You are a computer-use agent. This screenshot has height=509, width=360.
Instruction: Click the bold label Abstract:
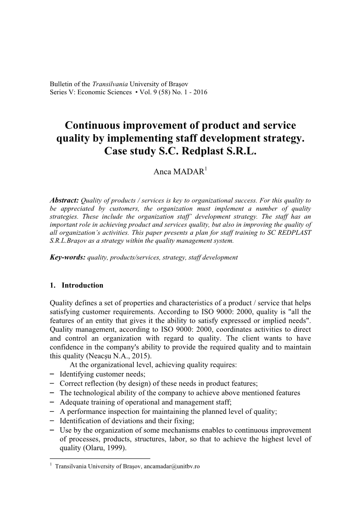click(x=65, y=200)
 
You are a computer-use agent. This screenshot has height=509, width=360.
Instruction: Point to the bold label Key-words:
click(x=67, y=258)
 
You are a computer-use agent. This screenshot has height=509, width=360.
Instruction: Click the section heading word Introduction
click(x=82, y=285)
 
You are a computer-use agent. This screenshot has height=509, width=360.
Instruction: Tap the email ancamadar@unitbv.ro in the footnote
click(x=171, y=466)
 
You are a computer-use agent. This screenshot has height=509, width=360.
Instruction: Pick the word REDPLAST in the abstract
click(x=296, y=233)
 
